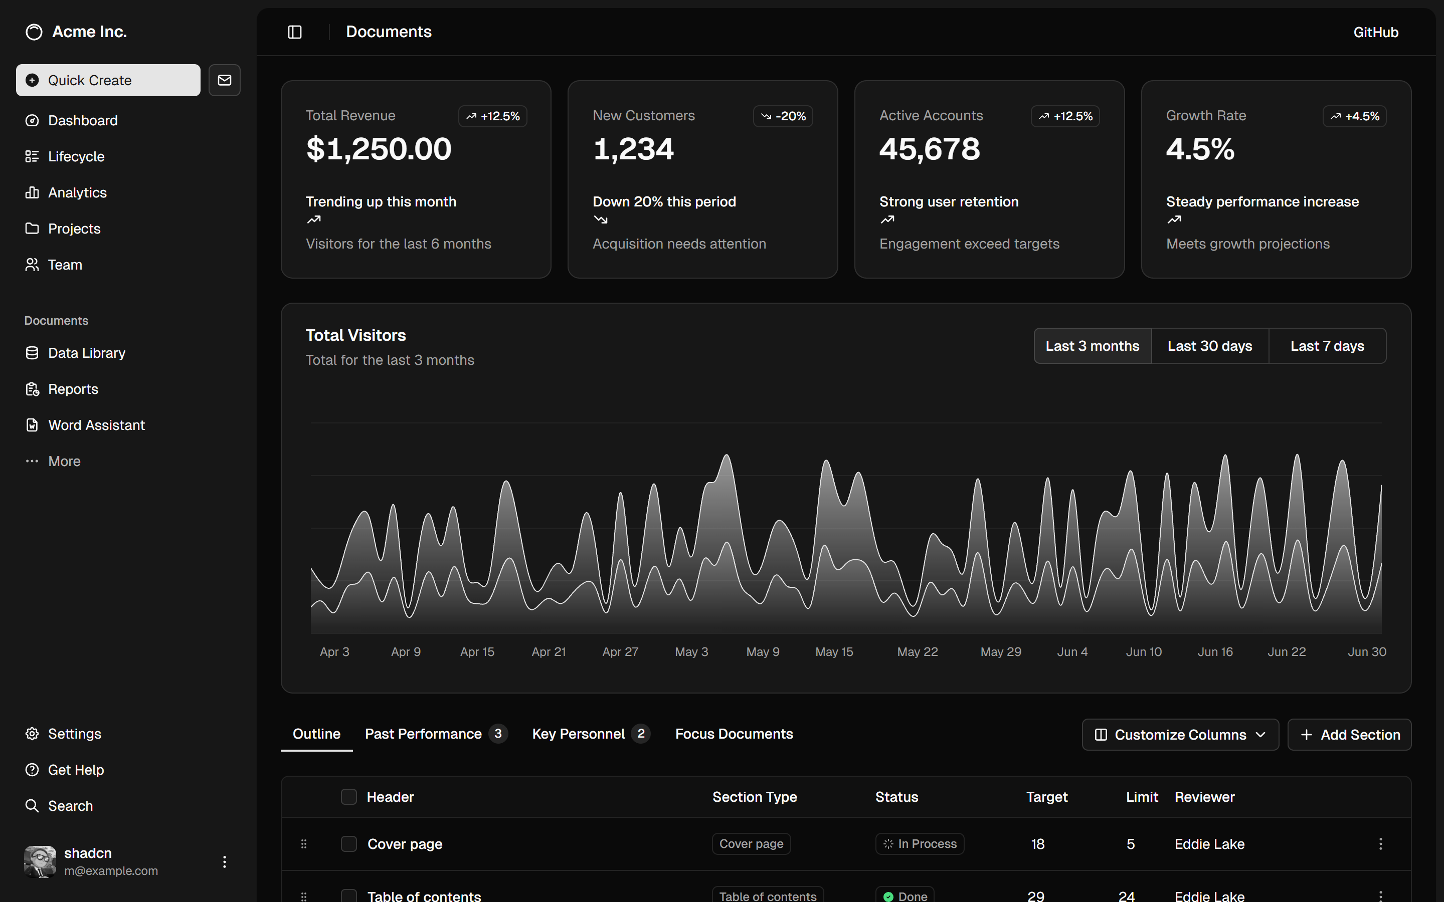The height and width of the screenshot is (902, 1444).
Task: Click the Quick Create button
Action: click(x=108, y=80)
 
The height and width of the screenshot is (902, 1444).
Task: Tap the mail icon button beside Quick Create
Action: click(x=224, y=80)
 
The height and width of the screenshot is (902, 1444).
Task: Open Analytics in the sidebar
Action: click(x=77, y=193)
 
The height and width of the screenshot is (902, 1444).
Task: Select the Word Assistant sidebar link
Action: click(x=96, y=425)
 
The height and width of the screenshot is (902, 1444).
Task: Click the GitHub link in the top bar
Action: click(x=1375, y=32)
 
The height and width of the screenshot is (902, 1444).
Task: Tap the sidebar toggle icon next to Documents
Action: click(x=295, y=32)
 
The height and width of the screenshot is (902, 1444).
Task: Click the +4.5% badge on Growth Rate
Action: click(x=1354, y=116)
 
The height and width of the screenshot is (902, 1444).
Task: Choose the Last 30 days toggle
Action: click(x=1209, y=346)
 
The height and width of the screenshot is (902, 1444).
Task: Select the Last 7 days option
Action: click(x=1327, y=346)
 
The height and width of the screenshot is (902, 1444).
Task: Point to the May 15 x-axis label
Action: click(x=834, y=652)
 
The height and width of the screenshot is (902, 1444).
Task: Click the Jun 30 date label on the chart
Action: click(x=1366, y=652)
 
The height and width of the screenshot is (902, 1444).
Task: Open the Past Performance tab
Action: click(x=423, y=734)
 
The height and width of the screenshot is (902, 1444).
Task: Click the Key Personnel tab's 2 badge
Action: click(x=641, y=734)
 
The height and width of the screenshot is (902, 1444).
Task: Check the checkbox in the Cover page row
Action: click(x=348, y=844)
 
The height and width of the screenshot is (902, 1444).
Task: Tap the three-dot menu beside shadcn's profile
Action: click(x=224, y=862)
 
